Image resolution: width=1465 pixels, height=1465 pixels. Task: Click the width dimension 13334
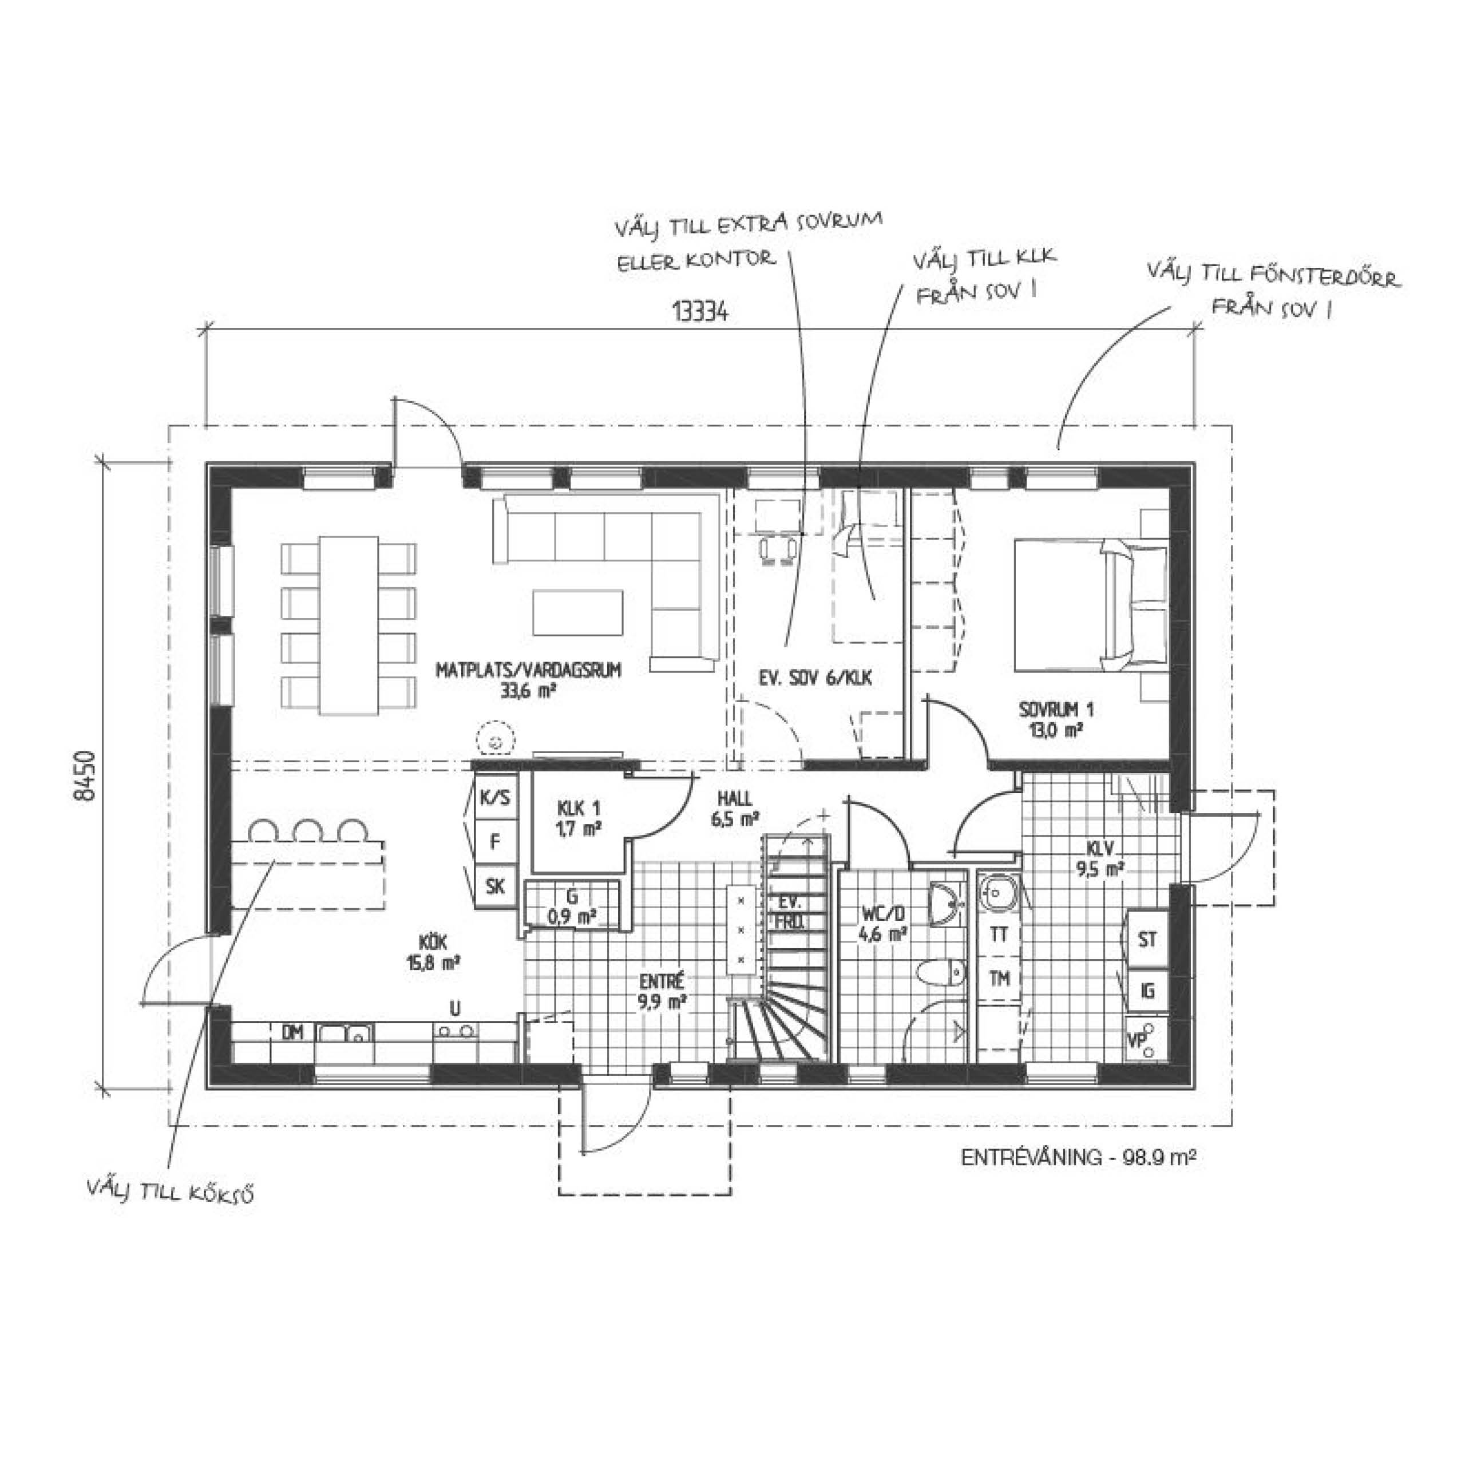[700, 311]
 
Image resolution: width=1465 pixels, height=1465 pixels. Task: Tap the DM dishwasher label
[292, 1032]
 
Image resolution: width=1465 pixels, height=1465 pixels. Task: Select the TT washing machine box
[999, 934]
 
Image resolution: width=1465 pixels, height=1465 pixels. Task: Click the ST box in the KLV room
[1146, 939]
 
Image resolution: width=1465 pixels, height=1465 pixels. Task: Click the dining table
[349, 625]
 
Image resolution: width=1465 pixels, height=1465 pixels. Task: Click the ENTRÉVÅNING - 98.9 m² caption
[1078, 1157]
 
